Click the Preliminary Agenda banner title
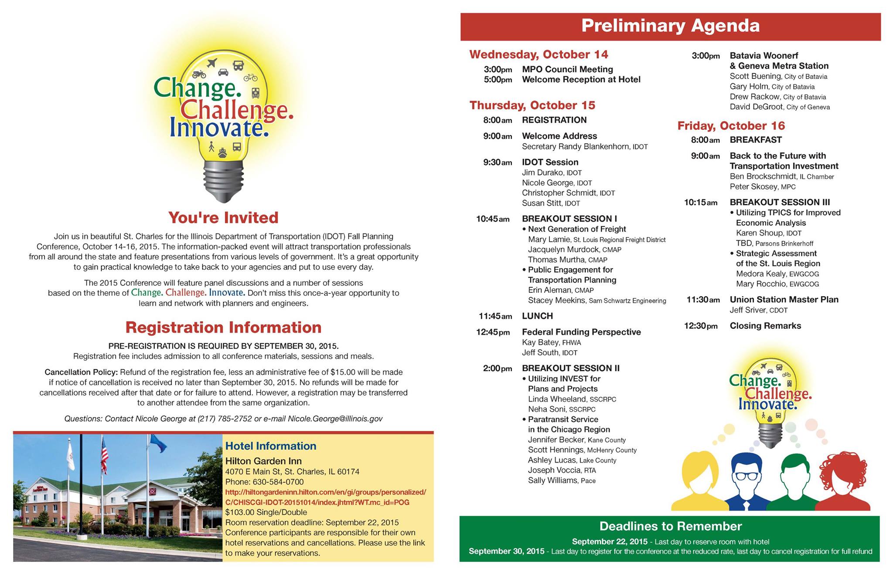(670, 26)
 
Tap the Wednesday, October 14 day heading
(539, 54)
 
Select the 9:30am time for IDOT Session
(498, 162)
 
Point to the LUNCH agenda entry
(537, 316)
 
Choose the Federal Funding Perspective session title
(581, 332)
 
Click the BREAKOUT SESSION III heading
(780, 202)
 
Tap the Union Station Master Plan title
(784, 300)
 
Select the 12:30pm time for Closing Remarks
(701, 326)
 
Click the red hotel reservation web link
(325, 497)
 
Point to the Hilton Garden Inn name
(263, 461)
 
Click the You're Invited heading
(223, 218)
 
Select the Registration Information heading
(223, 328)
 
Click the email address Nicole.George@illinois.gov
(335, 419)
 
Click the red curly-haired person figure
(842, 481)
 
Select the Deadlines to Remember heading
(670, 526)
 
